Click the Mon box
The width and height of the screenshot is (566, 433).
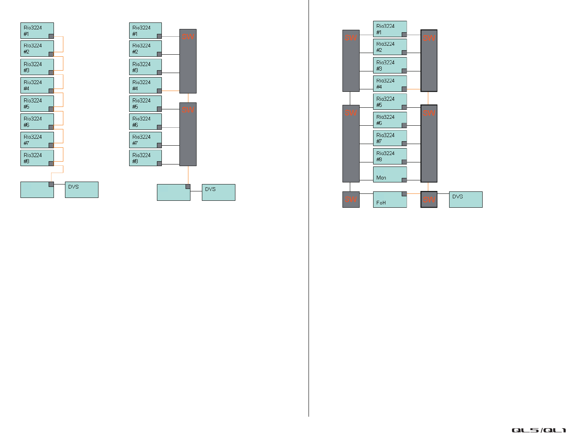[x=389, y=174]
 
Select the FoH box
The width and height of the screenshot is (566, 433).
[x=389, y=200]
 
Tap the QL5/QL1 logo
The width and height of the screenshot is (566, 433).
[x=538, y=430]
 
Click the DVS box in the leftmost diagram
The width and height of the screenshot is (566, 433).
[x=81, y=190]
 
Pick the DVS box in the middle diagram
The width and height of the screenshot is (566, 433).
[x=218, y=192]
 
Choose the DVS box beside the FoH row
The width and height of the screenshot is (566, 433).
[x=465, y=200]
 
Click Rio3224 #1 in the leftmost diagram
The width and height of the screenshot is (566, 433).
[x=37, y=31]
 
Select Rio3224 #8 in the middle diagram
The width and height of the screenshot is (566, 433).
[x=145, y=158]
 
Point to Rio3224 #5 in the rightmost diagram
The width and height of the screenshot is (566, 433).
[x=389, y=102]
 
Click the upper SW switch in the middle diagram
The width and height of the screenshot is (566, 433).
[x=188, y=61]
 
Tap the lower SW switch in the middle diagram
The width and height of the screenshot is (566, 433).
[x=188, y=134]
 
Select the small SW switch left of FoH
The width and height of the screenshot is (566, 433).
[x=351, y=200]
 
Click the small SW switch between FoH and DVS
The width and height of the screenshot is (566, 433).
[x=429, y=200]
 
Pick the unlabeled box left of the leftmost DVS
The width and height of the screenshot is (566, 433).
[x=37, y=190]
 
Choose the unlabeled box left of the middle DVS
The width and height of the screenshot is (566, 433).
[x=173, y=192]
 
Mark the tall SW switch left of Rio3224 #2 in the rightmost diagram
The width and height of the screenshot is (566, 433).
[x=351, y=61]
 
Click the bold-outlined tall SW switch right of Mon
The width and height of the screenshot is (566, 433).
[x=429, y=143]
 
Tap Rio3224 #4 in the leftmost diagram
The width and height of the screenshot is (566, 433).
[x=37, y=85]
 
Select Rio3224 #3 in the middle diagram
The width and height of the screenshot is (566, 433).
[x=145, y=67]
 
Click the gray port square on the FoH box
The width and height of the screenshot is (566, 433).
[x=404, y=194]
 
